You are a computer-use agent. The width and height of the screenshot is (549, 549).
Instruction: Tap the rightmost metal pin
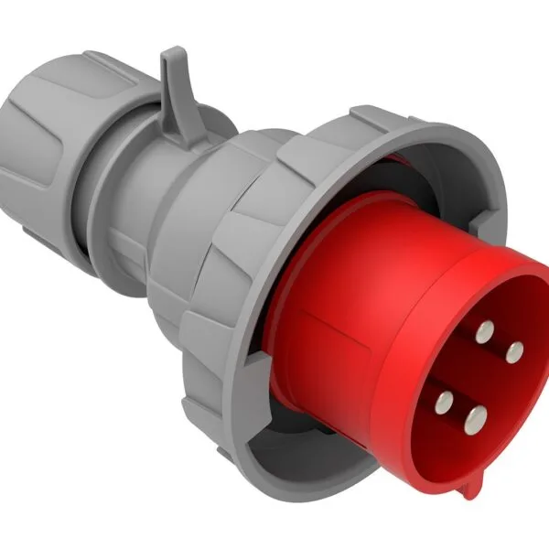[x=514, y=350]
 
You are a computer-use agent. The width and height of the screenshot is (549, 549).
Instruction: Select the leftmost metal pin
[x=446, y=399]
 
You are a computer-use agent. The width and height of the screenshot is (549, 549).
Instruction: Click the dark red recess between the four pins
[x=480, y=375]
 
